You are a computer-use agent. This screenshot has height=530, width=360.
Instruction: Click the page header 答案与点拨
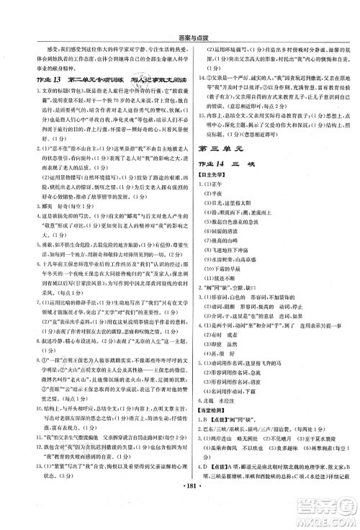click(x=180, y=8)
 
